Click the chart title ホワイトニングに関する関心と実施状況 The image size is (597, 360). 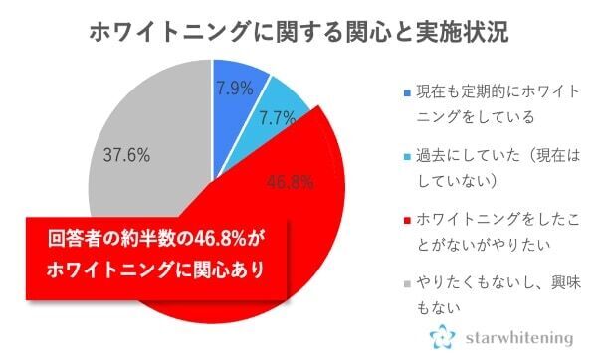click(299, 29)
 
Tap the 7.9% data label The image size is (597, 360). click(236, 88)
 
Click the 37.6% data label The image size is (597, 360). click(126, 154)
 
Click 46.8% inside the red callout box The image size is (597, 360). click(215, 240)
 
